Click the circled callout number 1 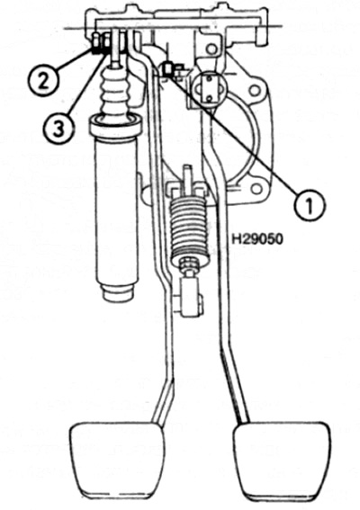(310, 205)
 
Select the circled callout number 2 (43, 80)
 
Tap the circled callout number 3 (58, 126)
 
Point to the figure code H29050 (257, 239)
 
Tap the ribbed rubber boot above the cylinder (115, 91)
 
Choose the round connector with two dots (208, 88)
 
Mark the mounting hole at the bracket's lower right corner (256, 188)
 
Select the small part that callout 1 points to (167, 70)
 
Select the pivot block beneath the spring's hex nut (190, 296)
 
